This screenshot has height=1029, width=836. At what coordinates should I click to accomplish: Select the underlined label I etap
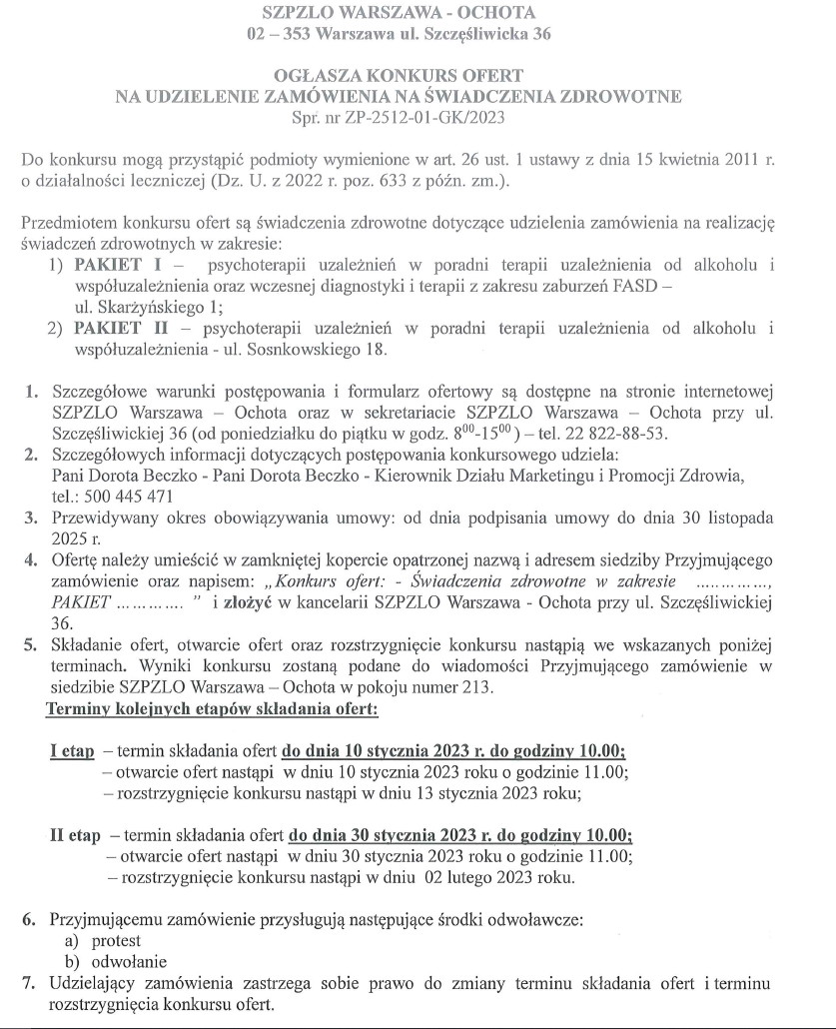click(x=72, y=751)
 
